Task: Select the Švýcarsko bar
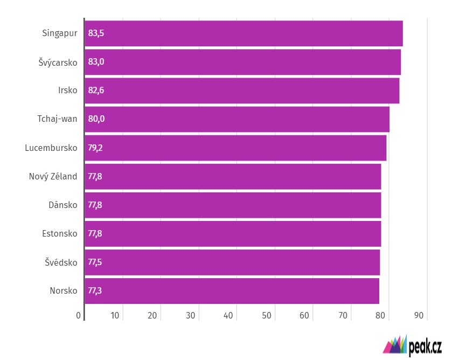pyautogui.click(x=242, y=62)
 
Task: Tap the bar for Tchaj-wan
pyautogui.click(x=237, y=119)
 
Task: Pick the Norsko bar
pyautogui.click(x=232, y=291)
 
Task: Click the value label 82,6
pyautogui.click(x=96, y=91)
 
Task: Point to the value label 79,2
pyautogui.click(x=95, y=148)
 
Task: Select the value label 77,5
pyautogui.click(x=95, y=262)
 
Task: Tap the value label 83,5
pyautogui.click(x=96, y=33)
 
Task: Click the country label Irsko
pyautogui.click(x=67, y=91)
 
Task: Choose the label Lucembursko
pyautogui.click(x=51, y=148)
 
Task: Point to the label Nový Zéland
pyautogui.click(x=53, y=176)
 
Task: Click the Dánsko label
pyautogui.click(x=62, y=205)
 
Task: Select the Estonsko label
pyautogui.click(x=59, y=234)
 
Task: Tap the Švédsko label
pyautogui.click(x=61, y=262)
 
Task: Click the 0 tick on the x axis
pyautogui.click(x=79, y=315)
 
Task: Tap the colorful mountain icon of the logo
pyautogui.click(x=395, y=345)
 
